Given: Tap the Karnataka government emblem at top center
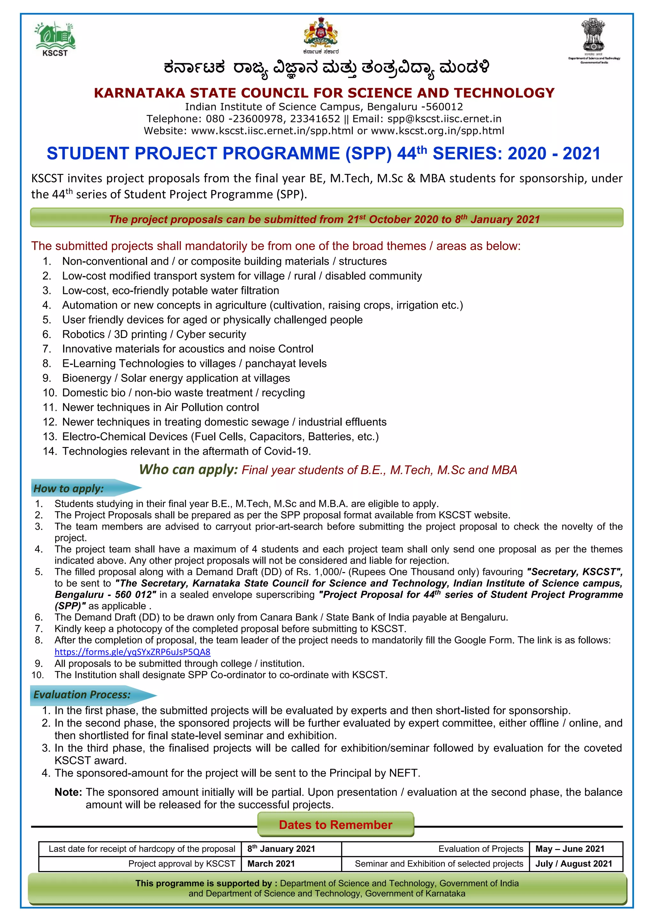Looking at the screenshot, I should [321, 34].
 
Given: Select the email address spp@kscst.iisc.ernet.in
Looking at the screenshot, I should [444, 119].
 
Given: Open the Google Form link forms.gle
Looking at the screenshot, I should [133, 652].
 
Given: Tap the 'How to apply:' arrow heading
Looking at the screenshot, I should [80, 488].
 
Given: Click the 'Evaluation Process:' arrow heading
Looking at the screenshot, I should [87, 695].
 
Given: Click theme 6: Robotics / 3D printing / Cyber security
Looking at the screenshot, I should [154, 334].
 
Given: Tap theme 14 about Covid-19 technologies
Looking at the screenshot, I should [186, 451].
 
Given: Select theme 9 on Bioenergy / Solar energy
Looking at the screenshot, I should [176, 378].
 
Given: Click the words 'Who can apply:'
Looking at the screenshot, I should [188, 470].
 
